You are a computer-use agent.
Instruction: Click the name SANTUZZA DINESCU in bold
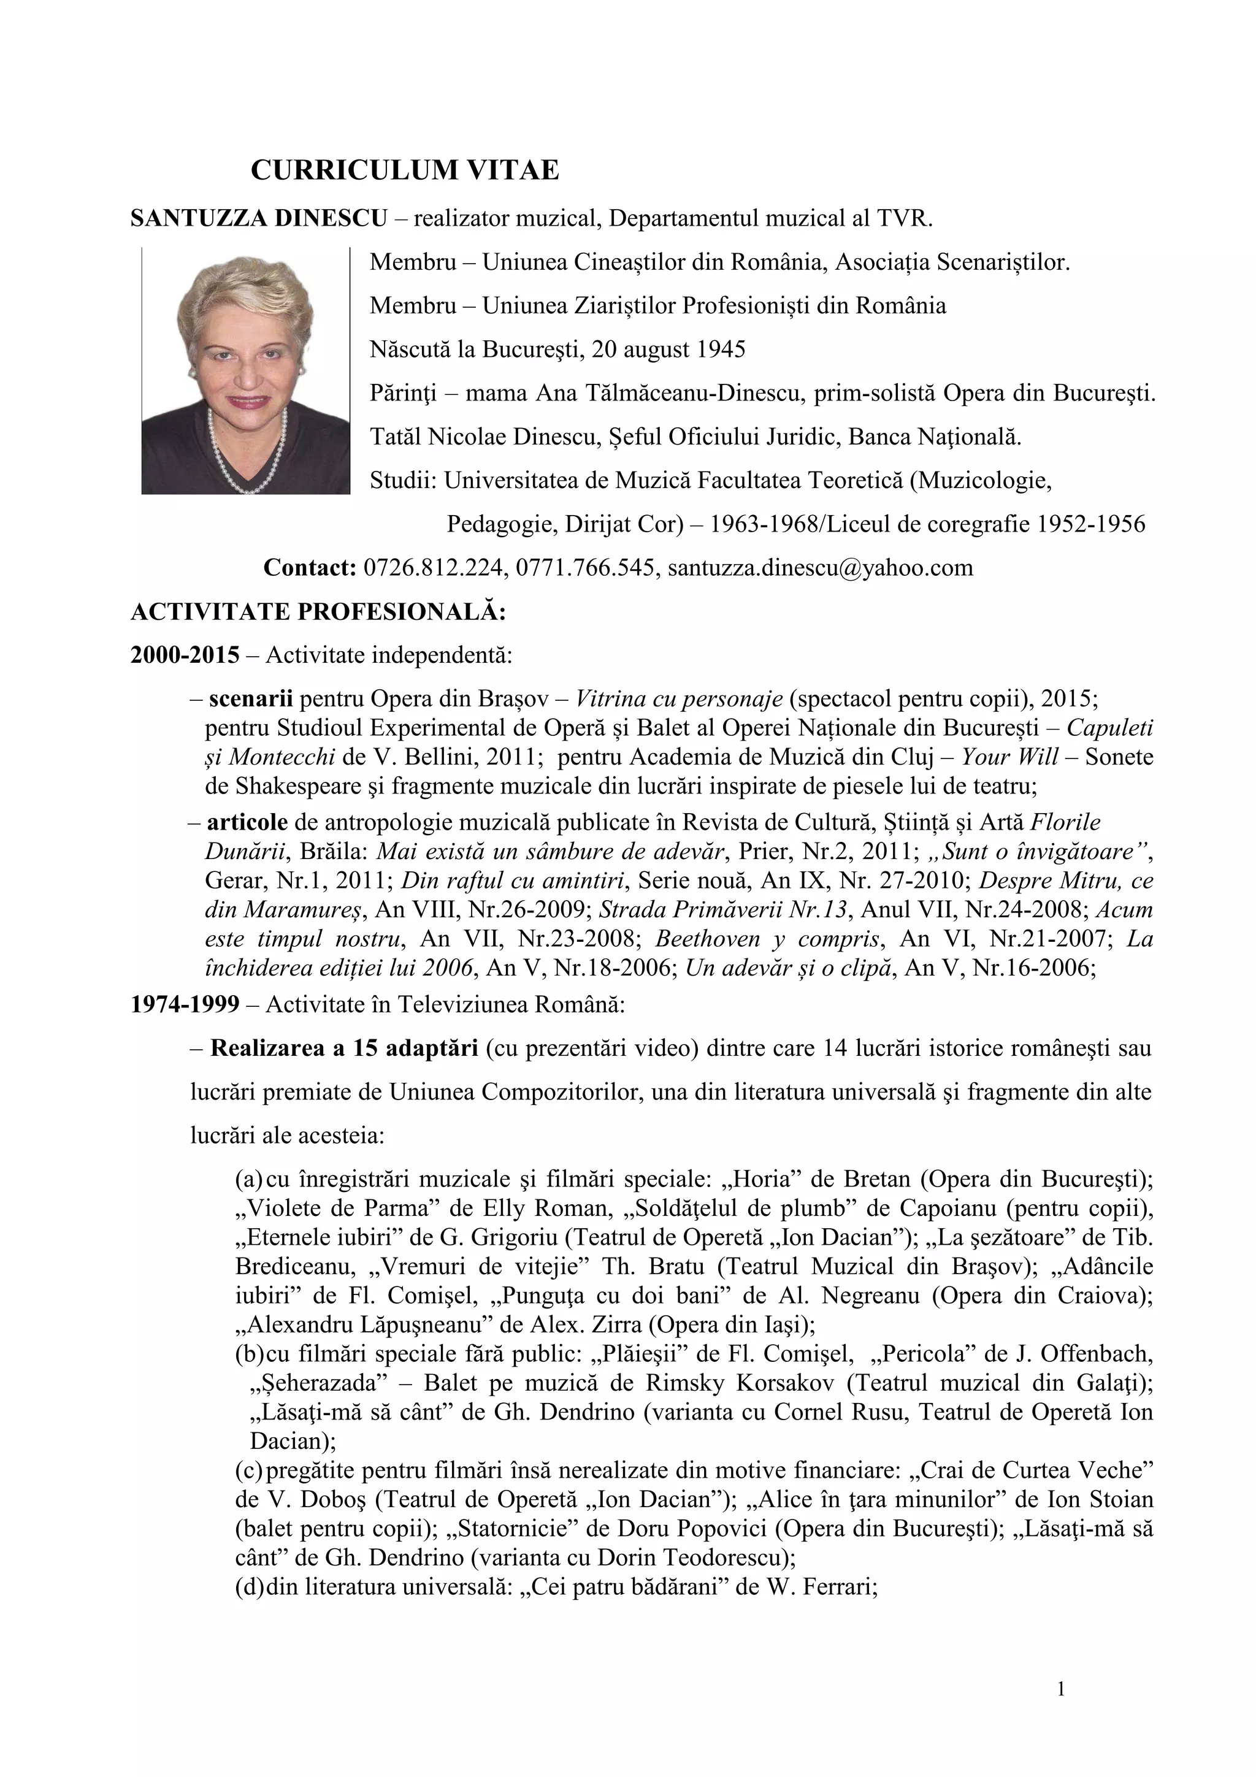click(258, 219)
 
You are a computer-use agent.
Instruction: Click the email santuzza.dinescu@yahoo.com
click(819, 568)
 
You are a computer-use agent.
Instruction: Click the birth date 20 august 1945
click(668, 350)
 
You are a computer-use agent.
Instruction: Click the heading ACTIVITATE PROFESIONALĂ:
click(318, 612)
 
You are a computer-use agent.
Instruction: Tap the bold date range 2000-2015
click(185, 655)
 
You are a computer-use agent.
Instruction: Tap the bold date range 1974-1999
click(185, 1004)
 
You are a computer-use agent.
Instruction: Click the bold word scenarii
click(251, 699)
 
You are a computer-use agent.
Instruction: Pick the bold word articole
click(248, 822)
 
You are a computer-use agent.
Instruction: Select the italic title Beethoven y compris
click(768, 939)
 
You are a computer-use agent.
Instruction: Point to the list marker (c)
click(249, 1470)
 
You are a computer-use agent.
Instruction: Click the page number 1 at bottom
click(1061, 1689)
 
